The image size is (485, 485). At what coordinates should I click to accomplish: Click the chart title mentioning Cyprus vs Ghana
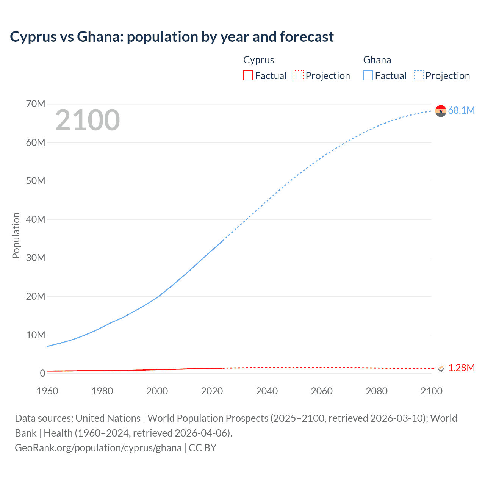[x=172, y=37]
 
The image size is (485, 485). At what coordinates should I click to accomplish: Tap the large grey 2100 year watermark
[x=88, y=120]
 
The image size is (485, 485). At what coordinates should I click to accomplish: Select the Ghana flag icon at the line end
[x=441, y=111]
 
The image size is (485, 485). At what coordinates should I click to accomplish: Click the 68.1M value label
[x=461, y=110]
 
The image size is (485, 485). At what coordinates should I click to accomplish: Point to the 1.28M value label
[x=461, y=368]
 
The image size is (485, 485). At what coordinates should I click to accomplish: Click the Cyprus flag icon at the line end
[x=441, y=368]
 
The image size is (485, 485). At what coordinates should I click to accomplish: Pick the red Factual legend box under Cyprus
[x=248, y=75]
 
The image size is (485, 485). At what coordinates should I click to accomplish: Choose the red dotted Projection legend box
[x=299, y=75]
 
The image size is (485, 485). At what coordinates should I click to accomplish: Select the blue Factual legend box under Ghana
[x=368, y=75]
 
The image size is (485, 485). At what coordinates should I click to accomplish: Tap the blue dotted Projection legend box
[x=418, y=75]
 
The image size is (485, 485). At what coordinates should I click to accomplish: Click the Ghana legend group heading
[x=377, y=60]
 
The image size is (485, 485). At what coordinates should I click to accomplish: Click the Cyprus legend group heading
[x=258, y=60]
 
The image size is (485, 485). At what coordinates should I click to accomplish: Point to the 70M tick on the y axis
[x=36, y=104]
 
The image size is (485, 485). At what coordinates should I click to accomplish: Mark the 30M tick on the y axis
[x=36, y=258]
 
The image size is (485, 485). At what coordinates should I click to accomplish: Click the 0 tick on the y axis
[x=42, y=373]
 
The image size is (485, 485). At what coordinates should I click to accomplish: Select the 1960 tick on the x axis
[x=47, y=391]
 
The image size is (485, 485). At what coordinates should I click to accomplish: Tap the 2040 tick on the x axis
[x=267, y=391]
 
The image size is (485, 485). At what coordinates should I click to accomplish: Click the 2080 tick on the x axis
[x=377, y=391]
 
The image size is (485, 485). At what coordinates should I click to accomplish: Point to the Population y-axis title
[x=16, y=235]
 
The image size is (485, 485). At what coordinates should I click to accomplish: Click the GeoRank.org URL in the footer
[x=98, y=448]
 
